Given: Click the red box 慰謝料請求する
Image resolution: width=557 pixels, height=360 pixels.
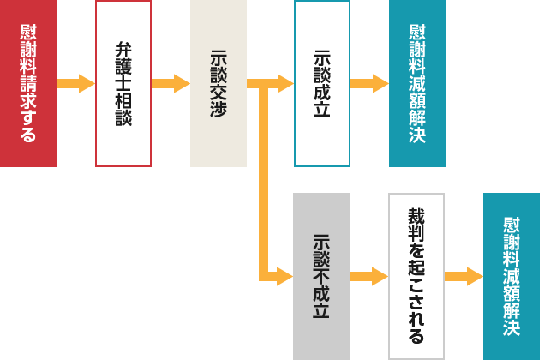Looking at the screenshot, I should tap(27, 83).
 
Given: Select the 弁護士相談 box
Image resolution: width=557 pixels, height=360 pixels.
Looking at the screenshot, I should tap(123, 83).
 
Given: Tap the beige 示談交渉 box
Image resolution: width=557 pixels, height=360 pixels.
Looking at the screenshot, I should tap(218, 83).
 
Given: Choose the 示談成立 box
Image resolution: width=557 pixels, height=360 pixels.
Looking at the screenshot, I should tap(322, 83).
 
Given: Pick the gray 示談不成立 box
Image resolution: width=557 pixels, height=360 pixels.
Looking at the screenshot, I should tap(321, 276).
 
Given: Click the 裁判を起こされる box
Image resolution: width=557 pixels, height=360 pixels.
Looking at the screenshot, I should tap(416, 276).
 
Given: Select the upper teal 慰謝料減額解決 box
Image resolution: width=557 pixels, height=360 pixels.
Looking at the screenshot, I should tap(417, 83).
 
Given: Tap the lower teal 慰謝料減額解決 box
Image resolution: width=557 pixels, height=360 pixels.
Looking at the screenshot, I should tap(512, 276).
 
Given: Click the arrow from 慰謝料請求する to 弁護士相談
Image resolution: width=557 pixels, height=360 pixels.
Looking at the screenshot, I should tap(75, 83).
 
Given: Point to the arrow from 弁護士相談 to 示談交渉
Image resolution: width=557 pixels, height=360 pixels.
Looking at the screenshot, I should tap(171, 83).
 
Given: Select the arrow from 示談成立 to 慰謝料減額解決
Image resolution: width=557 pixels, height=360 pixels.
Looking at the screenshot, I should tap(369, 83).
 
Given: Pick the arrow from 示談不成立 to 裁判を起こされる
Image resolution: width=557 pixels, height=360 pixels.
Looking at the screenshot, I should tap(369, 276).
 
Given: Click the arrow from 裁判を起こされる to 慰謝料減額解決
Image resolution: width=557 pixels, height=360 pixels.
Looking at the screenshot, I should tap(464, 276).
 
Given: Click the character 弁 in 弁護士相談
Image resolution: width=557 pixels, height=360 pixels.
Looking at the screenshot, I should tap(123, 49).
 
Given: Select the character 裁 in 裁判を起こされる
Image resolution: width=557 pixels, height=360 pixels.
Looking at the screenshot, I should tap(416, 215).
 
